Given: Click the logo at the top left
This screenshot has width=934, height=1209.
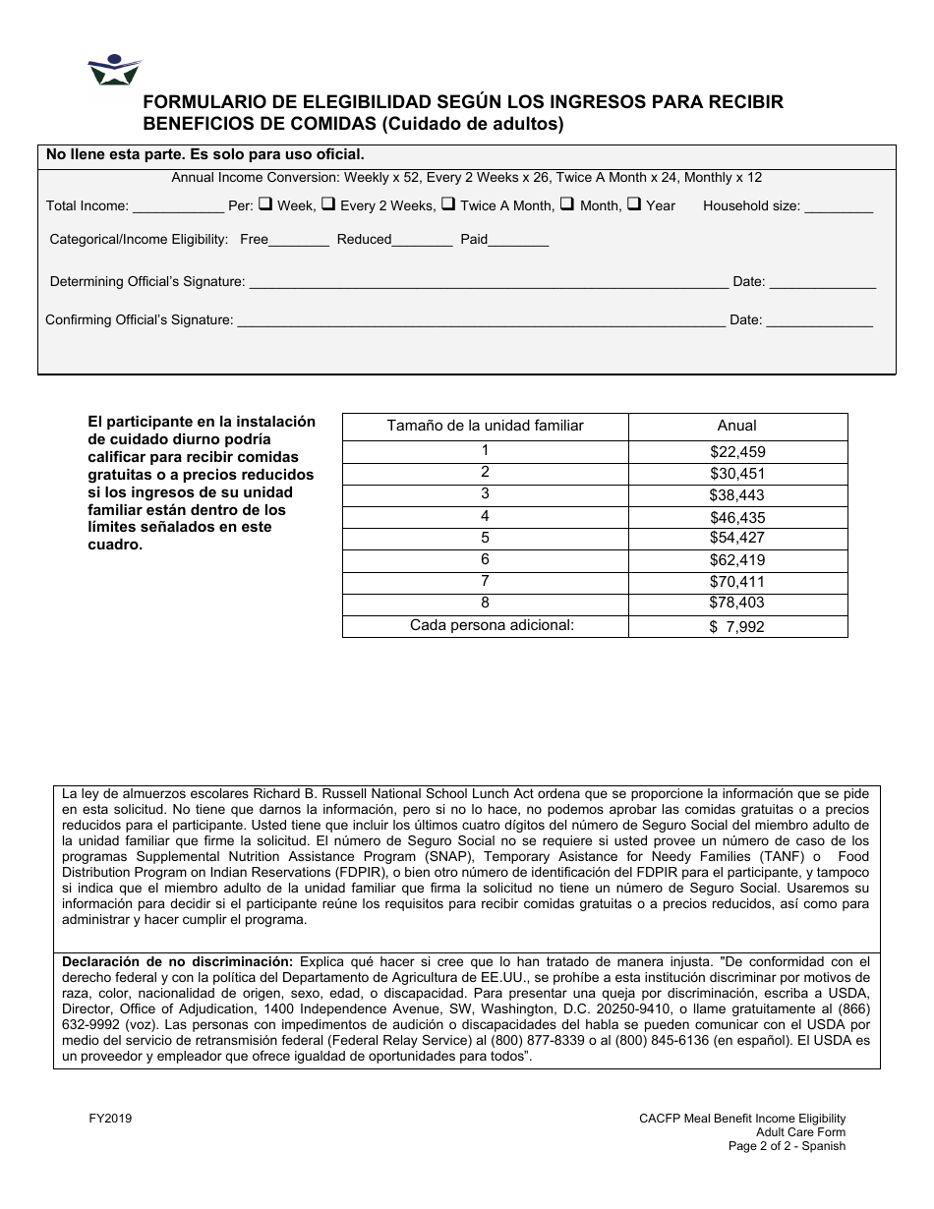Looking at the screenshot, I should (x=115, y=71).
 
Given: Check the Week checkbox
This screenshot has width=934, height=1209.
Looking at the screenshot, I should (x=265, y=204).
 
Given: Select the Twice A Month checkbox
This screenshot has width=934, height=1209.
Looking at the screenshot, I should (x=447, y=204).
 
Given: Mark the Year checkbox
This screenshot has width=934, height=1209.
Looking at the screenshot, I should (x=634, y=204).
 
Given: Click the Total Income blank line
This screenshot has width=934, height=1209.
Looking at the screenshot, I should (x=177, y=209).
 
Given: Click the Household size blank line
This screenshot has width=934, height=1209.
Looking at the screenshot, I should (x=838, y=209).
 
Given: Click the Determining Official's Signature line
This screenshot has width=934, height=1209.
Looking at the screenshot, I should (x=489, y=285).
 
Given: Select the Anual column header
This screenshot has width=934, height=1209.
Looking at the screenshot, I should (x=737, y=426).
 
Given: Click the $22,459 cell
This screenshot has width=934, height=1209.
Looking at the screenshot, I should (x=737, y=452).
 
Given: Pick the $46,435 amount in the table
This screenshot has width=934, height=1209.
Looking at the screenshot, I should (x=737, y=517).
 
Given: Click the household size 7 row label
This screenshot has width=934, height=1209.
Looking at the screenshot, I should (x=485, y=581).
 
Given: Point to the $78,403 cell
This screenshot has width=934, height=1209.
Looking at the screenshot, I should (x=737, y=603).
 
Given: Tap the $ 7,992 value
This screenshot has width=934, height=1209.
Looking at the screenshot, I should (x=737, y=626).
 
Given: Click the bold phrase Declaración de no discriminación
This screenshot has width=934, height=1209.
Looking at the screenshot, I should (x=178, y=961).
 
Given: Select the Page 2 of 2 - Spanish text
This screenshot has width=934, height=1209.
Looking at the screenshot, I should (x=787, y=1146).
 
